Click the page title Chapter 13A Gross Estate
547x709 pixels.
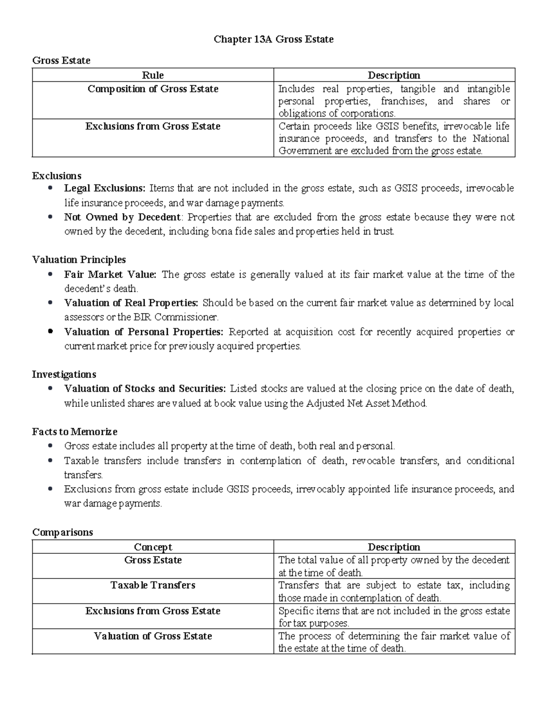pyautogui.click(x=273, y=40)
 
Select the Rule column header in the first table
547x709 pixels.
pyautogui.click(x=153, y=75)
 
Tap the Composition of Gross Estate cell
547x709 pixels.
pyautogui.click(x=153, y=89)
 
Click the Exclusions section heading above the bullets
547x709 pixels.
pyautogui.click(x=57, y=176)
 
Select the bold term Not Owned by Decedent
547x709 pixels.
pyautogui.click(x=122, y=217)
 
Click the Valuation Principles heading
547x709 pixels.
pyautogui.click(x=79, y=260)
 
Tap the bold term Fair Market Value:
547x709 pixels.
pyautogui.click(x=110, y=274)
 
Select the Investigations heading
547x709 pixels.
pyautogui.click(x=64, y=374)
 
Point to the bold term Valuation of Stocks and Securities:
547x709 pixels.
pyautogui.click(x=145, y=389)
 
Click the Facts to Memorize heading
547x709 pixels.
pyautogui.click(x=75, y=431)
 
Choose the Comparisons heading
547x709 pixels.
pyautogui.click(x=62, y=532)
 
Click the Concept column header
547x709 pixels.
pyautogui.click(x=153, y=547)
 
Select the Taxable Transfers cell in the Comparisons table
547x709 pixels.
pyautogui.click(x=153, y=585)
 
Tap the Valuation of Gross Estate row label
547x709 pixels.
pyautogui.click(x=153, y=636)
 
